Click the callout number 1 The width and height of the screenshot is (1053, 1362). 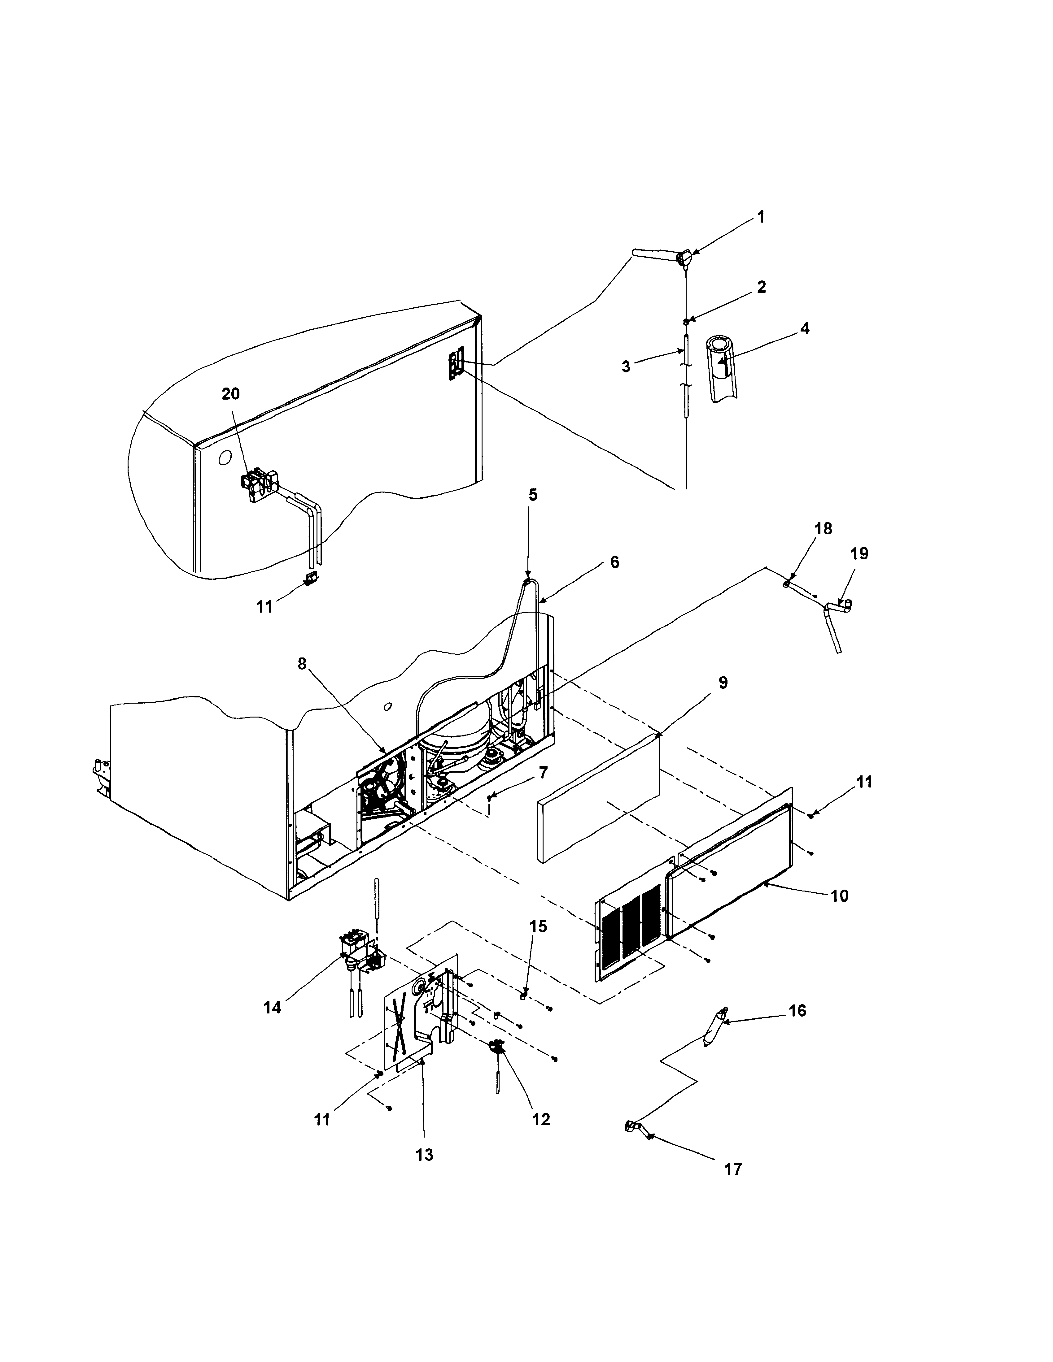pos(760,217)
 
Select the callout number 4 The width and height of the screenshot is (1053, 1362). pos(805,329)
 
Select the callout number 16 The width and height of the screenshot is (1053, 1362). pos(797,1011)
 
